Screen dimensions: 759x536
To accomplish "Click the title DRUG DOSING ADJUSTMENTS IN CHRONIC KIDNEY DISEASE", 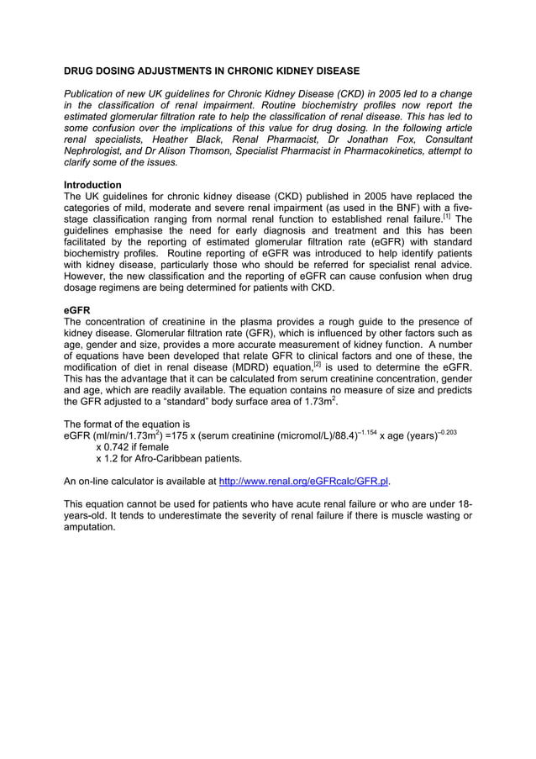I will (x=212, y=71).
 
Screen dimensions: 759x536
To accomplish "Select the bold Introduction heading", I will (x=92, y=185).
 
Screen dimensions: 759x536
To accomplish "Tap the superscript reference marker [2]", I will (x=318, y=363).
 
